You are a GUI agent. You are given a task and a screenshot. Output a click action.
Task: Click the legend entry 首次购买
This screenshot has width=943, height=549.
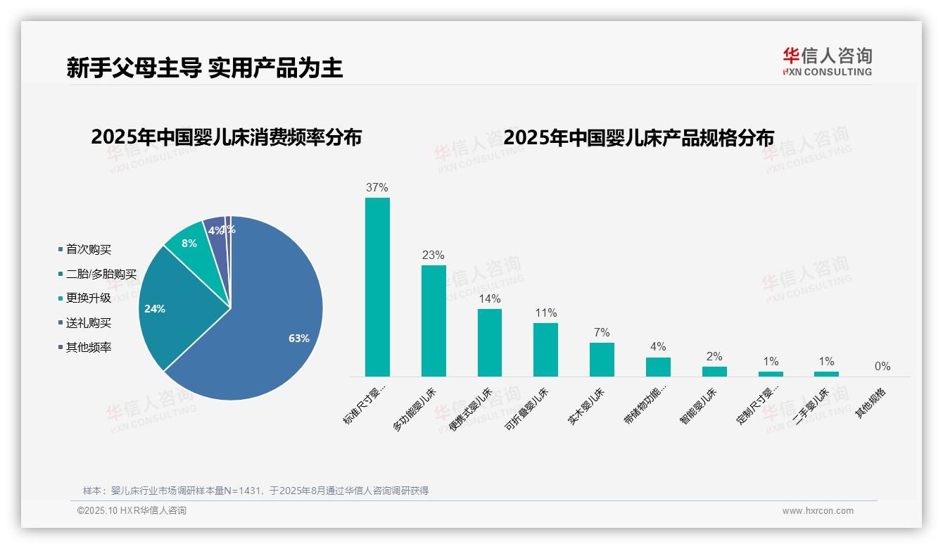[88, 250]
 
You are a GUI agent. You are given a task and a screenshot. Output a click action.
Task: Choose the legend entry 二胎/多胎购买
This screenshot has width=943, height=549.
[101, 274]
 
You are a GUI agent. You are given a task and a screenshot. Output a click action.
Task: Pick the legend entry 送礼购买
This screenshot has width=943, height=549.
[88, 323]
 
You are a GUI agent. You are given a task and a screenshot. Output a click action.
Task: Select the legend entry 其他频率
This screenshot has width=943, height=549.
[88, 348]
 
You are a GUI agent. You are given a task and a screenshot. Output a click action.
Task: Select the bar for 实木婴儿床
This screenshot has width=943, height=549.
[602, 360]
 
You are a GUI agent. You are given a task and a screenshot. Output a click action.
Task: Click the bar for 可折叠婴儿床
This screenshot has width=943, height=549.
[545, 350]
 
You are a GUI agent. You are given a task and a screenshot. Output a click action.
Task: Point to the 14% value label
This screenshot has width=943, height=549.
[490, 298]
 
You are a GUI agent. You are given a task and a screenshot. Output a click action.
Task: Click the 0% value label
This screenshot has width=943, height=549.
[882, 367]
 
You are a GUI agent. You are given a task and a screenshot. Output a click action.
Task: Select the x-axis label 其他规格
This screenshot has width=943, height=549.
[871, 403]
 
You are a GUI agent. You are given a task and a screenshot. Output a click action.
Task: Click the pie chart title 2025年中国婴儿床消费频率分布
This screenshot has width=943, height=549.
[226, 137]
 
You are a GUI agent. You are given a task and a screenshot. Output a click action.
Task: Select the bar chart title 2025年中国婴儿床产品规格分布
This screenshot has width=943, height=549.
[638, 137]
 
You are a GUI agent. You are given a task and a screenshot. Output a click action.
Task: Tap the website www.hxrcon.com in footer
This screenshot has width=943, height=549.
[817, 511]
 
